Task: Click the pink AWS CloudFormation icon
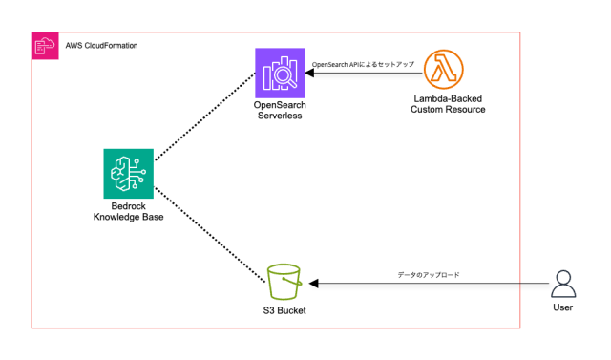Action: coord(43,45)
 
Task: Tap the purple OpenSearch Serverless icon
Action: coord(280,72)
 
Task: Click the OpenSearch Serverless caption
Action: coord(280,108)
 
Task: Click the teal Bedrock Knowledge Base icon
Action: coord(128,173)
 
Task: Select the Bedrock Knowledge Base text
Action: coord(128,211)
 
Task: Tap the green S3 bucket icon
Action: coord(284,283)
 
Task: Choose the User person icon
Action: coord(564,284)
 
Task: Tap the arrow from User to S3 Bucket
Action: coord(430,284)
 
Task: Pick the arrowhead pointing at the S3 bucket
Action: coord(311,284)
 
